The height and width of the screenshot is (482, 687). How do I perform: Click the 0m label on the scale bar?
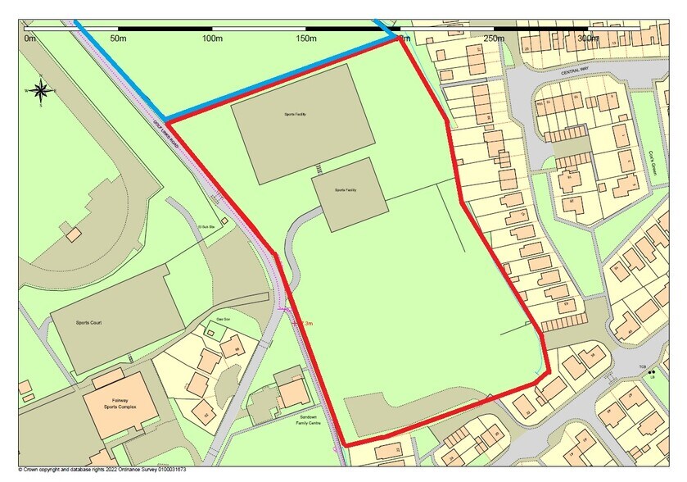[x=30, y=38]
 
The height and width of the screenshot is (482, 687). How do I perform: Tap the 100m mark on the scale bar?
[x=213, y=38]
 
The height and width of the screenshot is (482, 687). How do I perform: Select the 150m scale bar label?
[x=306, y=38]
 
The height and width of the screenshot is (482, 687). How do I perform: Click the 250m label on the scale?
[x=494, y=38]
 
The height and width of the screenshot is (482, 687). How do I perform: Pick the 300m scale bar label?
[x=587, y=38]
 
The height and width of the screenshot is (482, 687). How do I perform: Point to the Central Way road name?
[x=575, y=71]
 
